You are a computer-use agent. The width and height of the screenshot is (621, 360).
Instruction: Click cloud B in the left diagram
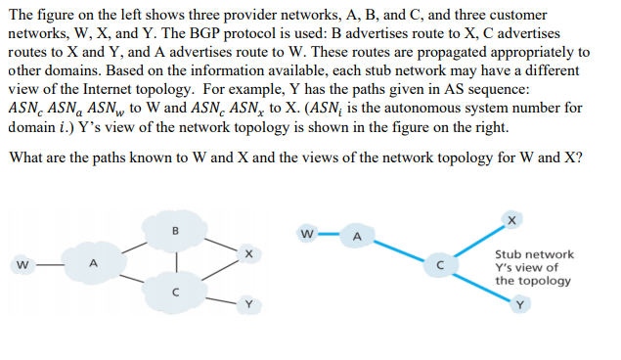tap(177, 234)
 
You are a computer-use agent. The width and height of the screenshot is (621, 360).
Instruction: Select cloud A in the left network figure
tap(94, 262)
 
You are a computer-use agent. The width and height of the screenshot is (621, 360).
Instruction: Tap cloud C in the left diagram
tap(177, 290)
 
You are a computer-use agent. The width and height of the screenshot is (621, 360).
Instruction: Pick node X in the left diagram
tap(249, 254)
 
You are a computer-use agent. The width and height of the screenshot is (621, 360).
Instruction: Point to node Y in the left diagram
tap(249, 303)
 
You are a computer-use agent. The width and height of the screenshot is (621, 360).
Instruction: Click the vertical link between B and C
tap(177, 261)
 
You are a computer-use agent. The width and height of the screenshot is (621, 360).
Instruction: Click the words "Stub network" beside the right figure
tap(534, 254)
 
